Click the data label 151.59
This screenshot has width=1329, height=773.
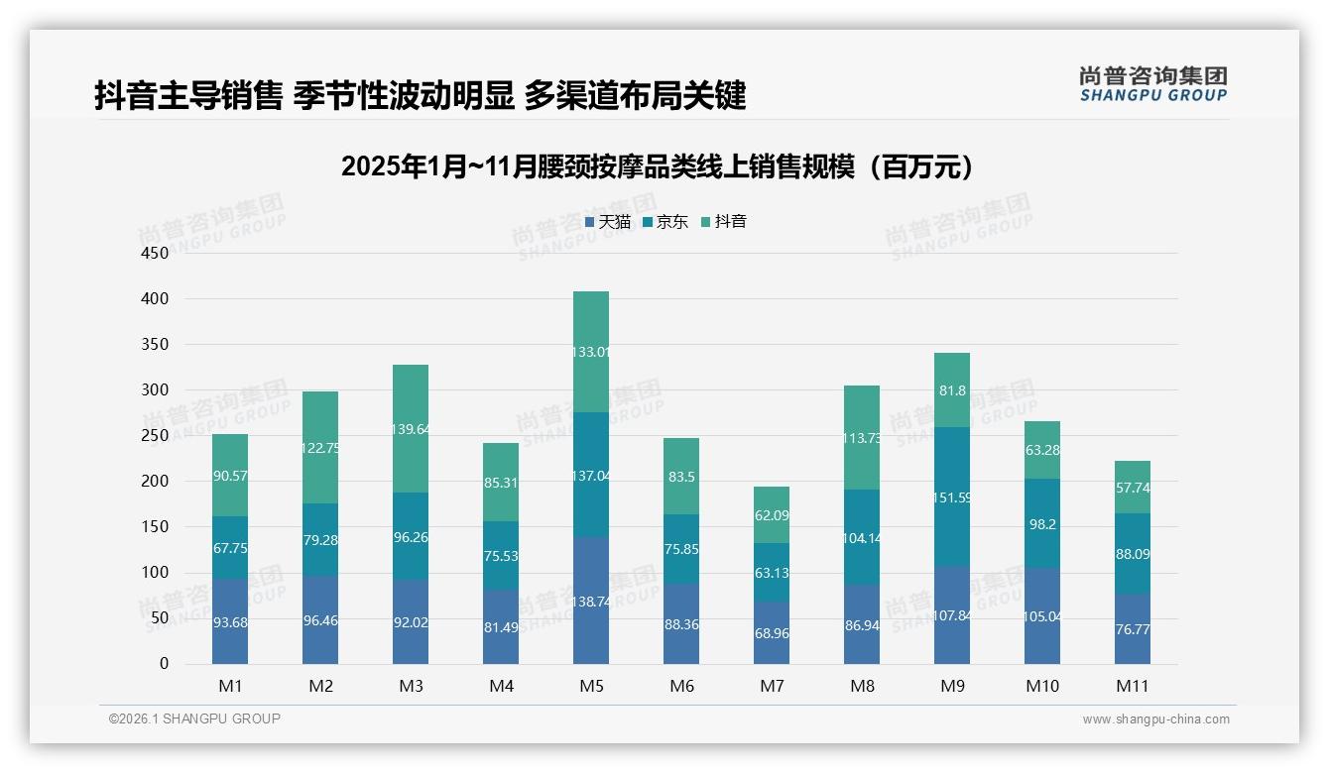tap(953, 497)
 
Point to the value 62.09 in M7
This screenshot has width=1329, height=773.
tap(773, 515)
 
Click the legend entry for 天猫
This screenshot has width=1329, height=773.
tap(608, 222)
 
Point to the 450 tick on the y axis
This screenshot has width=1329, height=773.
tap(155, 253)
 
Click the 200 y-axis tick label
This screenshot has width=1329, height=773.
tap(155, 482)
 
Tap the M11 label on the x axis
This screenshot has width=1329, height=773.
tap(1133, 686)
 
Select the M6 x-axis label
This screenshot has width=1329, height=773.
tap(681, 686)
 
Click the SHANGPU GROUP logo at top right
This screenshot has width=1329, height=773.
tap(1152, 84)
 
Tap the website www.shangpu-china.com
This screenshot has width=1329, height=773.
tap(1155, 719)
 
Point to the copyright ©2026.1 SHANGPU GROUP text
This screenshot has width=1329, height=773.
tap(194, 718)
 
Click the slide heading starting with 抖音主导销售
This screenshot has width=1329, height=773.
tap(420, 96)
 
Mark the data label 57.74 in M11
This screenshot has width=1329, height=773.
tap(1134, 488)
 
